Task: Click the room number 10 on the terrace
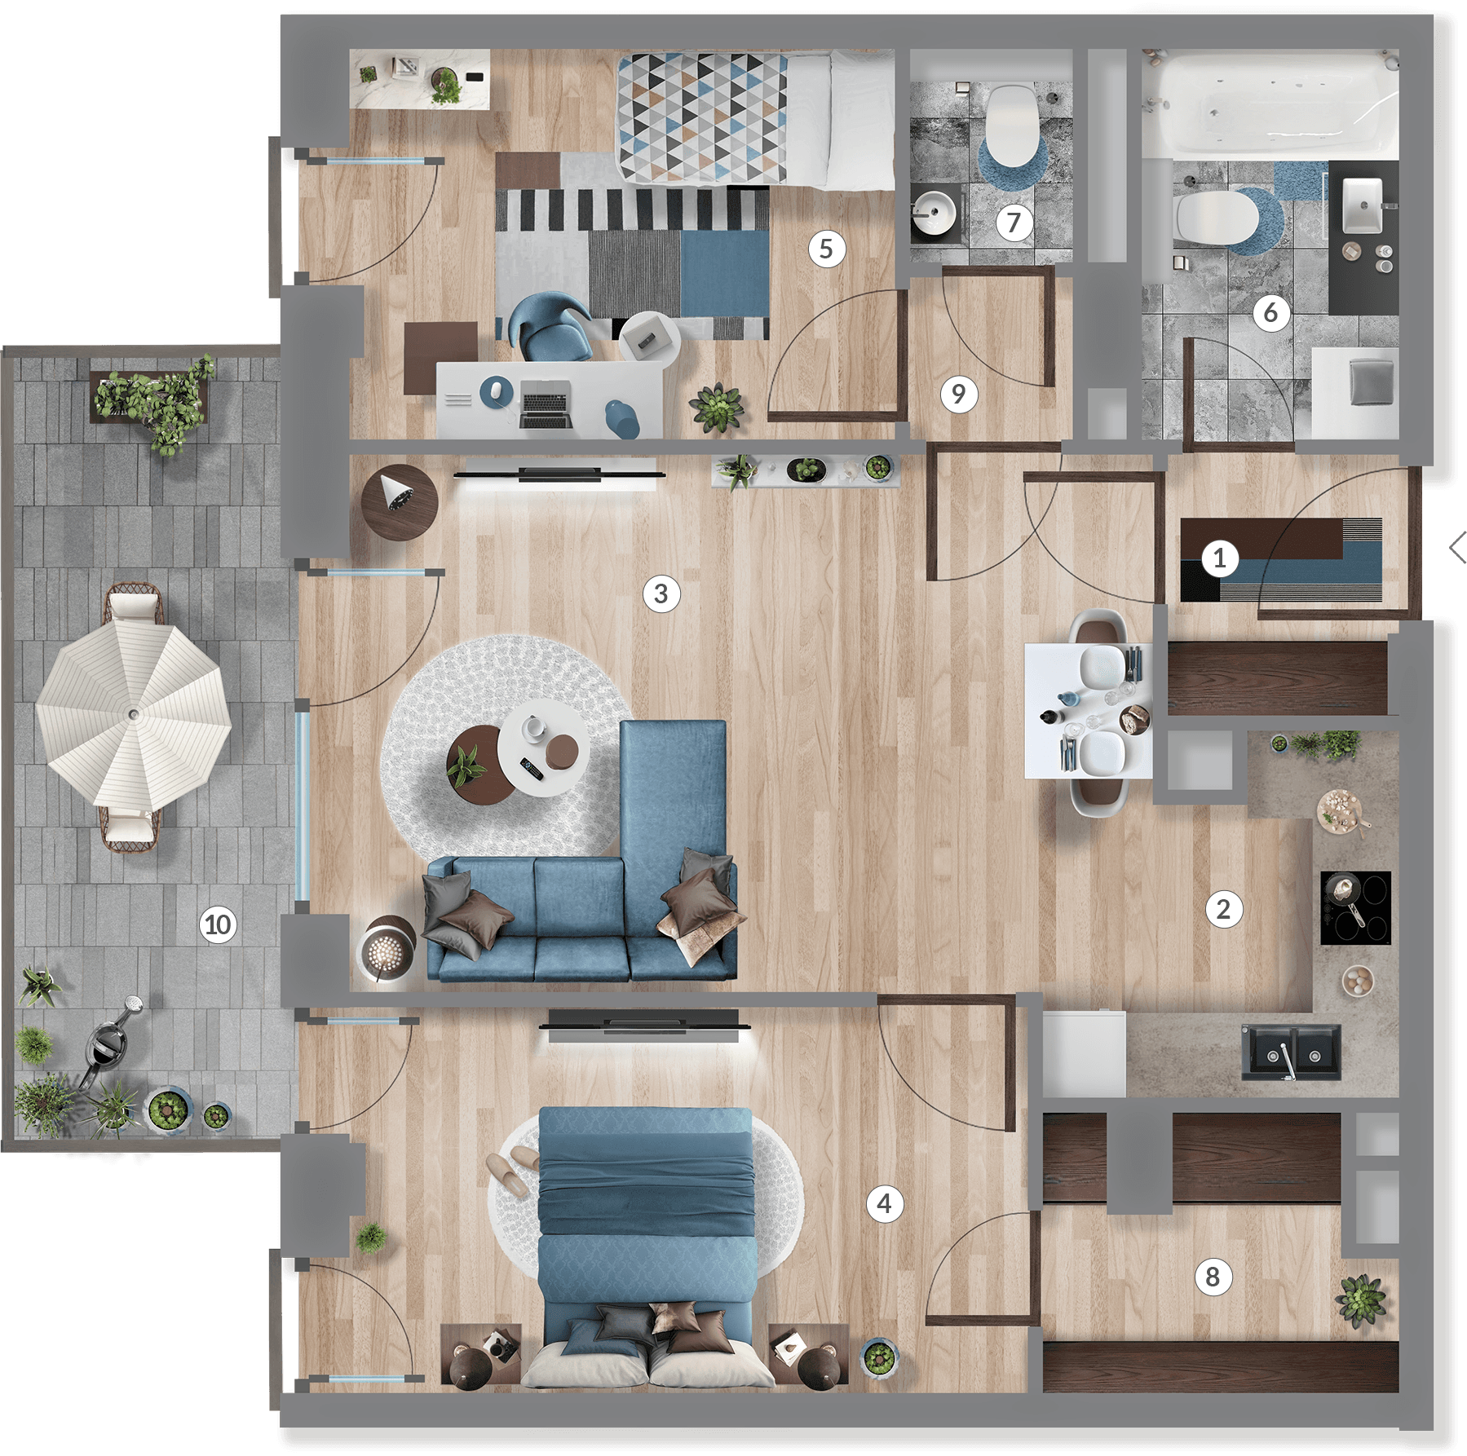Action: click(x=218, y=924)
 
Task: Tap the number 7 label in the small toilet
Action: click(x=1014, y=222)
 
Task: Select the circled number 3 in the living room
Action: click(x=661, y=593)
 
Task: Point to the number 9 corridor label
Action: click(x=958, y=394)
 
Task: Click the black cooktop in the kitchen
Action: click(x=1355, y=907)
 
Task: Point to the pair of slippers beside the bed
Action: click(x=514, y=1169)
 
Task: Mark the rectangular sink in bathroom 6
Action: click(x=1362, y=205)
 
